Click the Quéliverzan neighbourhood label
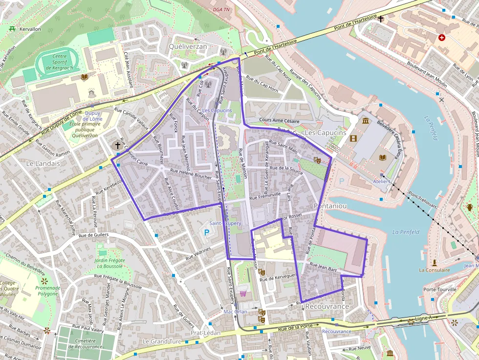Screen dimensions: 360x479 point(188,46)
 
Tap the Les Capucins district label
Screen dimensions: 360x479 point(325,132)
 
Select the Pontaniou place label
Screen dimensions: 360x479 point(330,206)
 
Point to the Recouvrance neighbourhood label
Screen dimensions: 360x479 point(327,306)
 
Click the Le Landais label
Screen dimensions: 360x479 point(43,164)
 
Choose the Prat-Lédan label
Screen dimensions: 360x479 point(205,333)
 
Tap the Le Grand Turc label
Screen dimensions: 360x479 point(162,341)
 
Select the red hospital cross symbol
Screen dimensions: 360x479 point(442,37)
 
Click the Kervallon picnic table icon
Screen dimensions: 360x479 point(12,29)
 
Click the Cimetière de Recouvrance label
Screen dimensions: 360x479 point(86,344)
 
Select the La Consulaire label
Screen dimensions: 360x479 point(434,270)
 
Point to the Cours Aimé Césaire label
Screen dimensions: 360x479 point(279,121)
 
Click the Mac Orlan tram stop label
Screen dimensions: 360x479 point(235,311)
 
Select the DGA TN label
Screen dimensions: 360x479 point(221,9)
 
